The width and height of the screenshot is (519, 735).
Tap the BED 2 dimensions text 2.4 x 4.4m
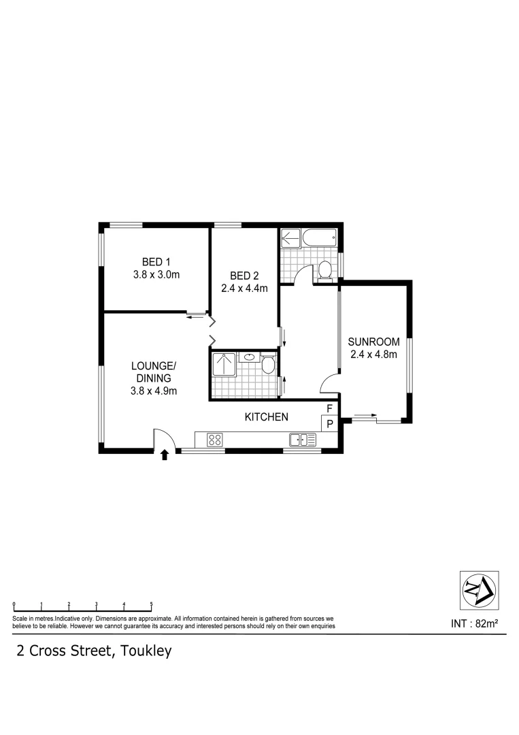[x=244, y=288]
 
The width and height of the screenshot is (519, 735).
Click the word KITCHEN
[x=267, y=417]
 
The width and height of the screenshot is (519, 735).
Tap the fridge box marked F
[x=329, y=408]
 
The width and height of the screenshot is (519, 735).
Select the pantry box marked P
[x=329, y=423]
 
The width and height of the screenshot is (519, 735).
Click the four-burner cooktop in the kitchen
[x=215, y=440]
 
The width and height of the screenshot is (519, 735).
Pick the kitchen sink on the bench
[x=303, y=440]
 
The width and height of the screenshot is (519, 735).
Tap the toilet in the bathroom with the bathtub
[x=325, y=269]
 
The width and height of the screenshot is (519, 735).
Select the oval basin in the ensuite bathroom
[x=250, y=357]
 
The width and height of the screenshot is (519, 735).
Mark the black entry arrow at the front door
[x=164, y=455]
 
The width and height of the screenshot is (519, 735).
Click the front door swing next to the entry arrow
[x=164, y=439]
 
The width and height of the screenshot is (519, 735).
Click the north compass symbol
[x=479, y=590]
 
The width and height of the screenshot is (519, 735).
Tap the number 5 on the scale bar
[x=151, y=604]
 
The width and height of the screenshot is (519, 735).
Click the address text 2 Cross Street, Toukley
[x=94, y=651]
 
